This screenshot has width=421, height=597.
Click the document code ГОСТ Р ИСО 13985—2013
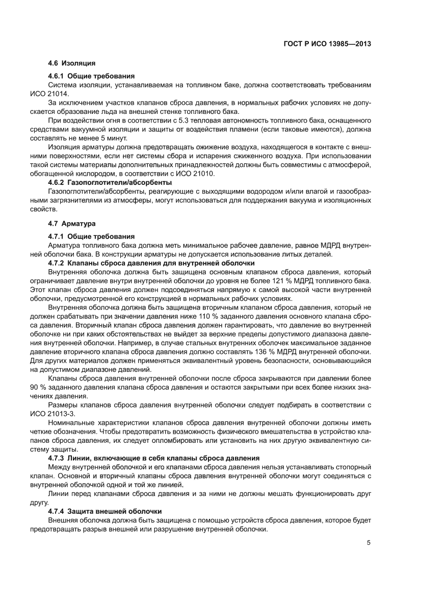click(327, 44)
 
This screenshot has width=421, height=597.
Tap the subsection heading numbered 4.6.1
click(91, 76)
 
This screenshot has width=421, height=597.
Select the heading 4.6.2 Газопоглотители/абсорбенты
click(110, 183)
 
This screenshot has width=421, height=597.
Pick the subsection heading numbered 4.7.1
click(91, 236)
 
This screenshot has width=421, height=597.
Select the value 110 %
click(190, 316)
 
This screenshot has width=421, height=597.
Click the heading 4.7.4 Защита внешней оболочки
click(104, 511)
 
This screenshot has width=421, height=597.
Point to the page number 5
click(368, 542)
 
